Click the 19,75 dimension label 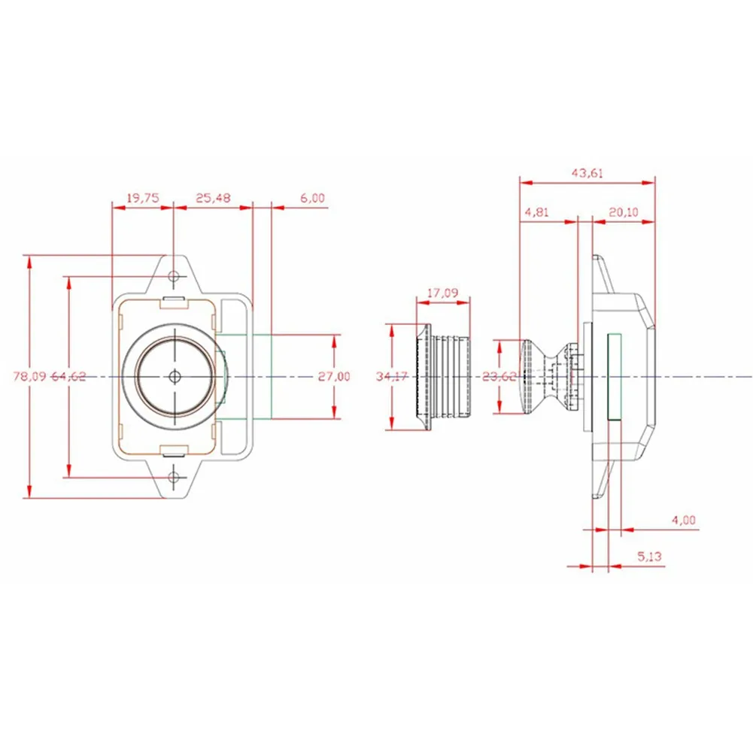coord(143,198)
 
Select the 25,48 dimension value coord(213,198)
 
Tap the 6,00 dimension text coord(313,198)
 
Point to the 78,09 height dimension coord(29,376)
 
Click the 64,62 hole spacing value coord(68,376)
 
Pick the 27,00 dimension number coord(334,376)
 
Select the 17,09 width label coord(443,293)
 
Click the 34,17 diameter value coord(393,376)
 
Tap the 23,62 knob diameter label coord(499,376)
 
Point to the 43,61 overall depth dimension coord(588,173)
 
